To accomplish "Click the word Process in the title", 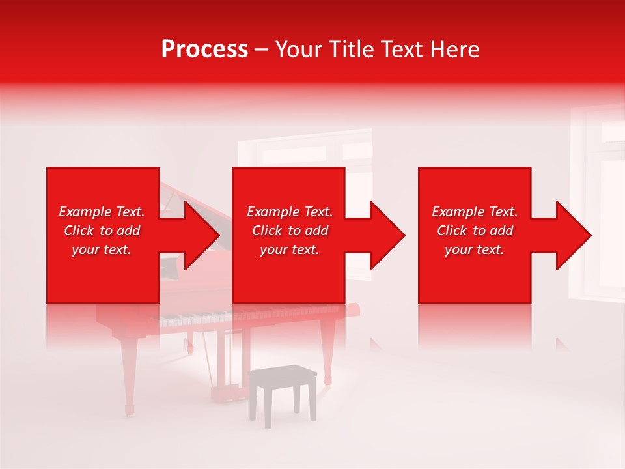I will [204, 50].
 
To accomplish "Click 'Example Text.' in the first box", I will [102, 212].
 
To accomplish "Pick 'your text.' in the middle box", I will [289, 249].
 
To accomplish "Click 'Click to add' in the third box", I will [475, 231].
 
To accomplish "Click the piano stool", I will [283, 391].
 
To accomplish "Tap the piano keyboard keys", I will [195, 319].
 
